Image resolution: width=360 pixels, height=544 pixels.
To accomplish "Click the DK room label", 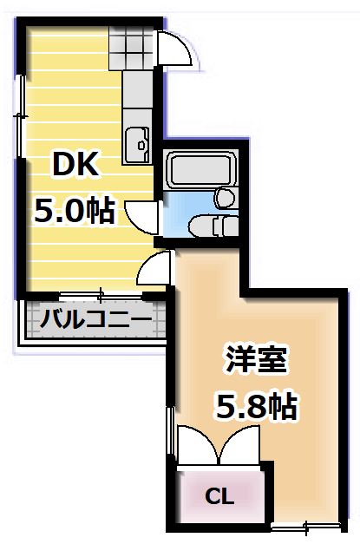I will click(78, 164).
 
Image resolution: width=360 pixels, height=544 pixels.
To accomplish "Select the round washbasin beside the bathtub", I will click(226, 198).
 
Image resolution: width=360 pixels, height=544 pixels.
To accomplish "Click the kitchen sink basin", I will click(137, 143).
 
